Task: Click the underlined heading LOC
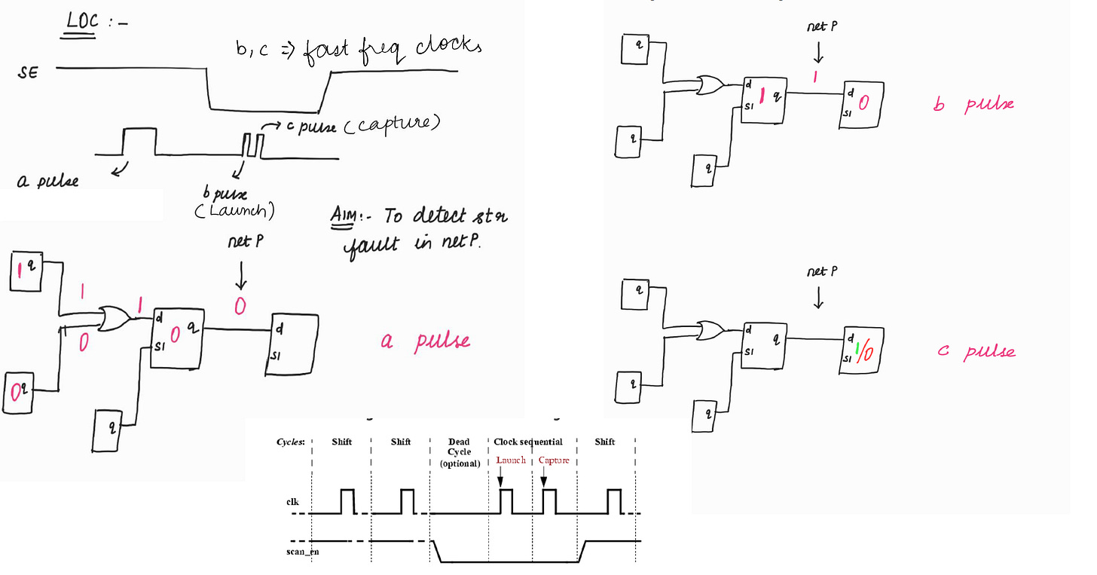pos(81,22)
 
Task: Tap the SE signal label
pos(26,72)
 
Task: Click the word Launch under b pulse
pos(235,212)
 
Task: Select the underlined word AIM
pos(344,216)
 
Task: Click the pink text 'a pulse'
pos(425,341)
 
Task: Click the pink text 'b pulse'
pos(973,104)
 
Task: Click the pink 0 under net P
pos(240,307)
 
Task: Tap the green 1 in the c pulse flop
pos(857,348)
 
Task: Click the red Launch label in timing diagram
pos(510,460)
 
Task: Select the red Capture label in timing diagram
pos(554,460)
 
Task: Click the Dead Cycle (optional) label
pos(459,452)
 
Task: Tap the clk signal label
pos(292,500)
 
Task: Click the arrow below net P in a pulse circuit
pos(240,277)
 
